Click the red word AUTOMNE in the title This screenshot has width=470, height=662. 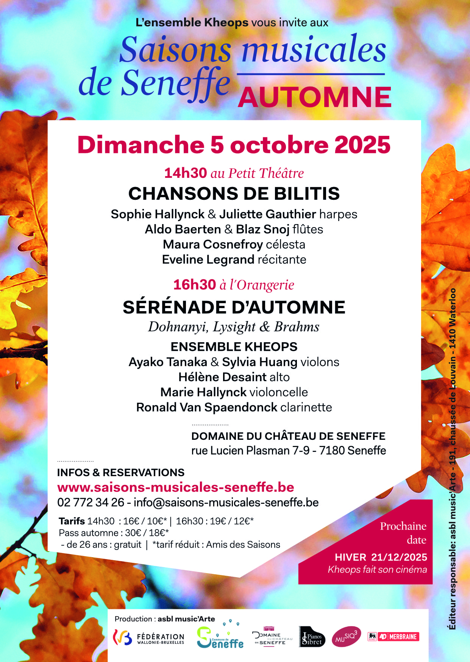(314, 97)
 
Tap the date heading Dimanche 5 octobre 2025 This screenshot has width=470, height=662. (234, 145)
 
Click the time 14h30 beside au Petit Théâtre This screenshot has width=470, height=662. (185, 173)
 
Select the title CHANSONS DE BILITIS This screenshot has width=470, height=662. (234, 193)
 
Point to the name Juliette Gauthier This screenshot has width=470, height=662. (267, 214)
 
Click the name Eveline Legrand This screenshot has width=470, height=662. (208, 260)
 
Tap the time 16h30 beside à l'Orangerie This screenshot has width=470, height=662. (194, 285)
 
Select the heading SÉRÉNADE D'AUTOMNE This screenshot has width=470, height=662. (234, 307)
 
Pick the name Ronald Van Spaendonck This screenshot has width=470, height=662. (207, 407)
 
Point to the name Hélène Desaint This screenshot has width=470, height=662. (222, 377)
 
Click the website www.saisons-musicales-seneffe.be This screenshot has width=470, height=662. (176, 487)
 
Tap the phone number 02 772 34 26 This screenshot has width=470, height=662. (91, 502)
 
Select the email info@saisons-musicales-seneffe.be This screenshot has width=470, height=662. (226, 502)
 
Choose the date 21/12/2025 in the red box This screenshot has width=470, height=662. (399, 557)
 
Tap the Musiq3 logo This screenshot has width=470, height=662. (346, 637)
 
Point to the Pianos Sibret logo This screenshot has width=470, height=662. (312, 637)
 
